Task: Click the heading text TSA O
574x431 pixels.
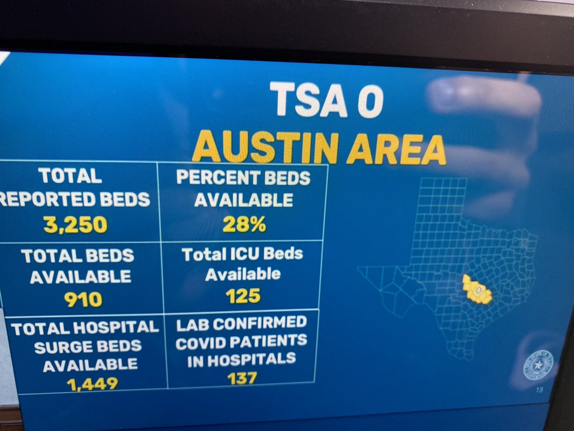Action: [326, 100]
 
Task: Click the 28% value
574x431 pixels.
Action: [244, 225]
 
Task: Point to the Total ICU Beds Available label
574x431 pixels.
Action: [243, 264]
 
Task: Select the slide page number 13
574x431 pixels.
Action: [540, 390]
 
